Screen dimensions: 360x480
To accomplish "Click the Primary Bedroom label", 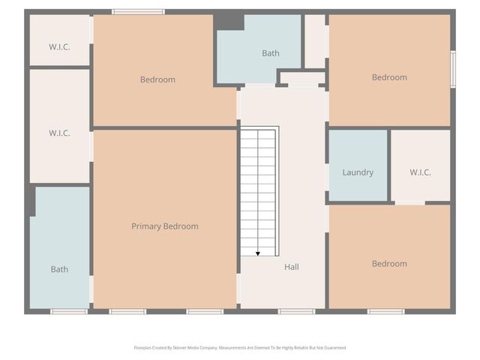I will (x=165, y=226).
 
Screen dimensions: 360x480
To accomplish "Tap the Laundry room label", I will (x=358, y=172).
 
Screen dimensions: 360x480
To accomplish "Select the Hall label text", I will (x=292, y=266).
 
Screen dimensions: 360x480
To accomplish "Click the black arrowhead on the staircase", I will (x=258, y=253).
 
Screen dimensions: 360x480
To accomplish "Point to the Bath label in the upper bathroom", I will (x=271, y=53).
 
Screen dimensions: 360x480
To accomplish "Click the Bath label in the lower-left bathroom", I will (x=59, y=269).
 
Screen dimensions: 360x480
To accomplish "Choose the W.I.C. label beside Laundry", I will (x=420, y=172).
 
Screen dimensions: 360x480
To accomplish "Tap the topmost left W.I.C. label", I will (x=59, y=46).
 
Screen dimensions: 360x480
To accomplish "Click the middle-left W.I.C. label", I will (x=59, y=133).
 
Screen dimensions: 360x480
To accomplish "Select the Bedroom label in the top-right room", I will (x=389, y=77).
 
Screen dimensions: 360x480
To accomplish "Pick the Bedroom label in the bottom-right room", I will (x=389, y=264).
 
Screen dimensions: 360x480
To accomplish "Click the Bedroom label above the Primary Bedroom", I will (x=157, y=79).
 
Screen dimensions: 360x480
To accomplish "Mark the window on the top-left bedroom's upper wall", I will (x=138, y=11).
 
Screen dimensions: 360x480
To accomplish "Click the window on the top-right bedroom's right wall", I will (x=453, y=69).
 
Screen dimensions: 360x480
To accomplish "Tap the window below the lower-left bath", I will (x=69, y=311).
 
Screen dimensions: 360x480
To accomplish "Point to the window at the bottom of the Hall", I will (x=296, y=311).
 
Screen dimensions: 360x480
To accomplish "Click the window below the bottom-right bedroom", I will (x=385, y=311).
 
